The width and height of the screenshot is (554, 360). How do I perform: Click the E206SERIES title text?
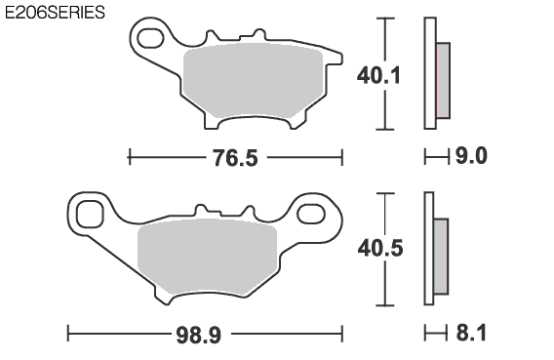[x=56, y=13]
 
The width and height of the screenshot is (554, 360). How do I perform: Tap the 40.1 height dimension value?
[x=378, y=75]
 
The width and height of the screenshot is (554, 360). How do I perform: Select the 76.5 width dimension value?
[x=235, y=158]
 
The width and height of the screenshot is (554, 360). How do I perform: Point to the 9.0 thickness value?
[x=471, y=156]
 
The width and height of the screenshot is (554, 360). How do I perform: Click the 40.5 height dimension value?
[x=380, y=248]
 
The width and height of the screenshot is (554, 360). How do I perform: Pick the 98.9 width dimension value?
[x=199, y=335]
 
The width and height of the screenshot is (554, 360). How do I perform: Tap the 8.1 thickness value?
[x=471, y=333]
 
